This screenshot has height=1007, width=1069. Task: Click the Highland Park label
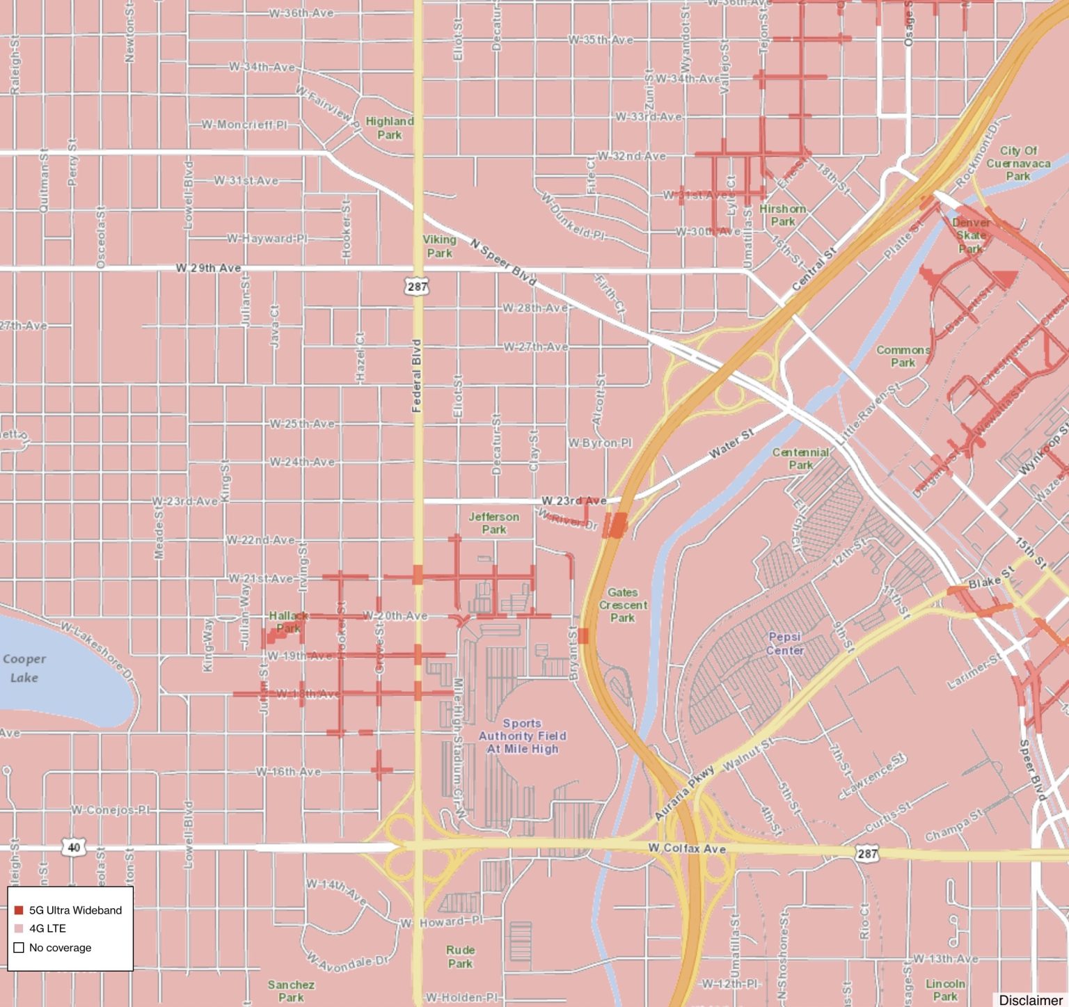(x=389, y=127)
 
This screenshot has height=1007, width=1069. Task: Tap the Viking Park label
(x=439, y=246)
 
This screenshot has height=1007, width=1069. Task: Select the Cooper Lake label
(x=24, y=667)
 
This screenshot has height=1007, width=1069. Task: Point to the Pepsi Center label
(x=785, y=643)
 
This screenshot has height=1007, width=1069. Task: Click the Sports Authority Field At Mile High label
(x=522, y=736)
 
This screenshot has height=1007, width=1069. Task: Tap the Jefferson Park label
(x=493, y=523)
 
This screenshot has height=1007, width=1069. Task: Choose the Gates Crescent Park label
(x=623, y=604)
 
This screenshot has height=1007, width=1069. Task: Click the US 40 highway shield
(x=74, y=847)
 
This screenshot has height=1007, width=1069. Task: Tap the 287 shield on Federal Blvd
(x=417, y=286)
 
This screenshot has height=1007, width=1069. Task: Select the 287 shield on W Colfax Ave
(x=866, y=853)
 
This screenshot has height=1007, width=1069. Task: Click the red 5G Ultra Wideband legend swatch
(x=19, y=910)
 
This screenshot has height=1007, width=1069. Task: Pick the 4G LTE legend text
(x=47, y=928)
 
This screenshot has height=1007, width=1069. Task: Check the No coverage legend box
(x=19, y=947)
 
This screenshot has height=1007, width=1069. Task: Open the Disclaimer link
(x=1030, y=999)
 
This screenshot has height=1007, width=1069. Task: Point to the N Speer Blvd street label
(x=503, y=262)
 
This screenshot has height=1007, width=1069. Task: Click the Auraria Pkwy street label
(x=685, y=793)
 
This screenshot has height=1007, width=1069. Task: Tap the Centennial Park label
(x=800, y=458)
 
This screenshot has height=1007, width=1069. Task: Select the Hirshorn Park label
(x=782, y=214)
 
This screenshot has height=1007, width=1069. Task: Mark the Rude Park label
(x=460, y=956)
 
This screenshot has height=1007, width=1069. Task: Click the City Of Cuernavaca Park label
(x=1017, y=163)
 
